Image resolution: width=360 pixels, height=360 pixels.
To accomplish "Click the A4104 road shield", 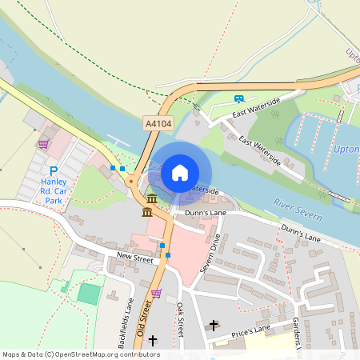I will click(159, 123).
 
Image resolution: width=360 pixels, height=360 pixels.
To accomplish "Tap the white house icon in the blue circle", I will click(180, 172).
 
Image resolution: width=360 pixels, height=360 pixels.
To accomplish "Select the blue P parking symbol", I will click(54, 170).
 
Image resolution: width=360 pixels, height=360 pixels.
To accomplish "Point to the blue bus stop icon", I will click(238, 98).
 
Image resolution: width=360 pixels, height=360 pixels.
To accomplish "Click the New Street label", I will click(134, 258).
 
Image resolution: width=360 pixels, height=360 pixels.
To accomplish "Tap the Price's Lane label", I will click(251, 330).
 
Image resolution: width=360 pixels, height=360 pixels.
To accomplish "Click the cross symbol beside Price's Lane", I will click(213, 326).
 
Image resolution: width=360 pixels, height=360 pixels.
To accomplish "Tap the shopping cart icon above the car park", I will click(43, 144).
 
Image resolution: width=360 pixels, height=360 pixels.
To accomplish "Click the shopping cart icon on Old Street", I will click(157, 294).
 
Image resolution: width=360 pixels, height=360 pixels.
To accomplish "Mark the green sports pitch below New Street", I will click(89, 294).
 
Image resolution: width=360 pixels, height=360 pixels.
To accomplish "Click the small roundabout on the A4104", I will click(130, 181).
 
